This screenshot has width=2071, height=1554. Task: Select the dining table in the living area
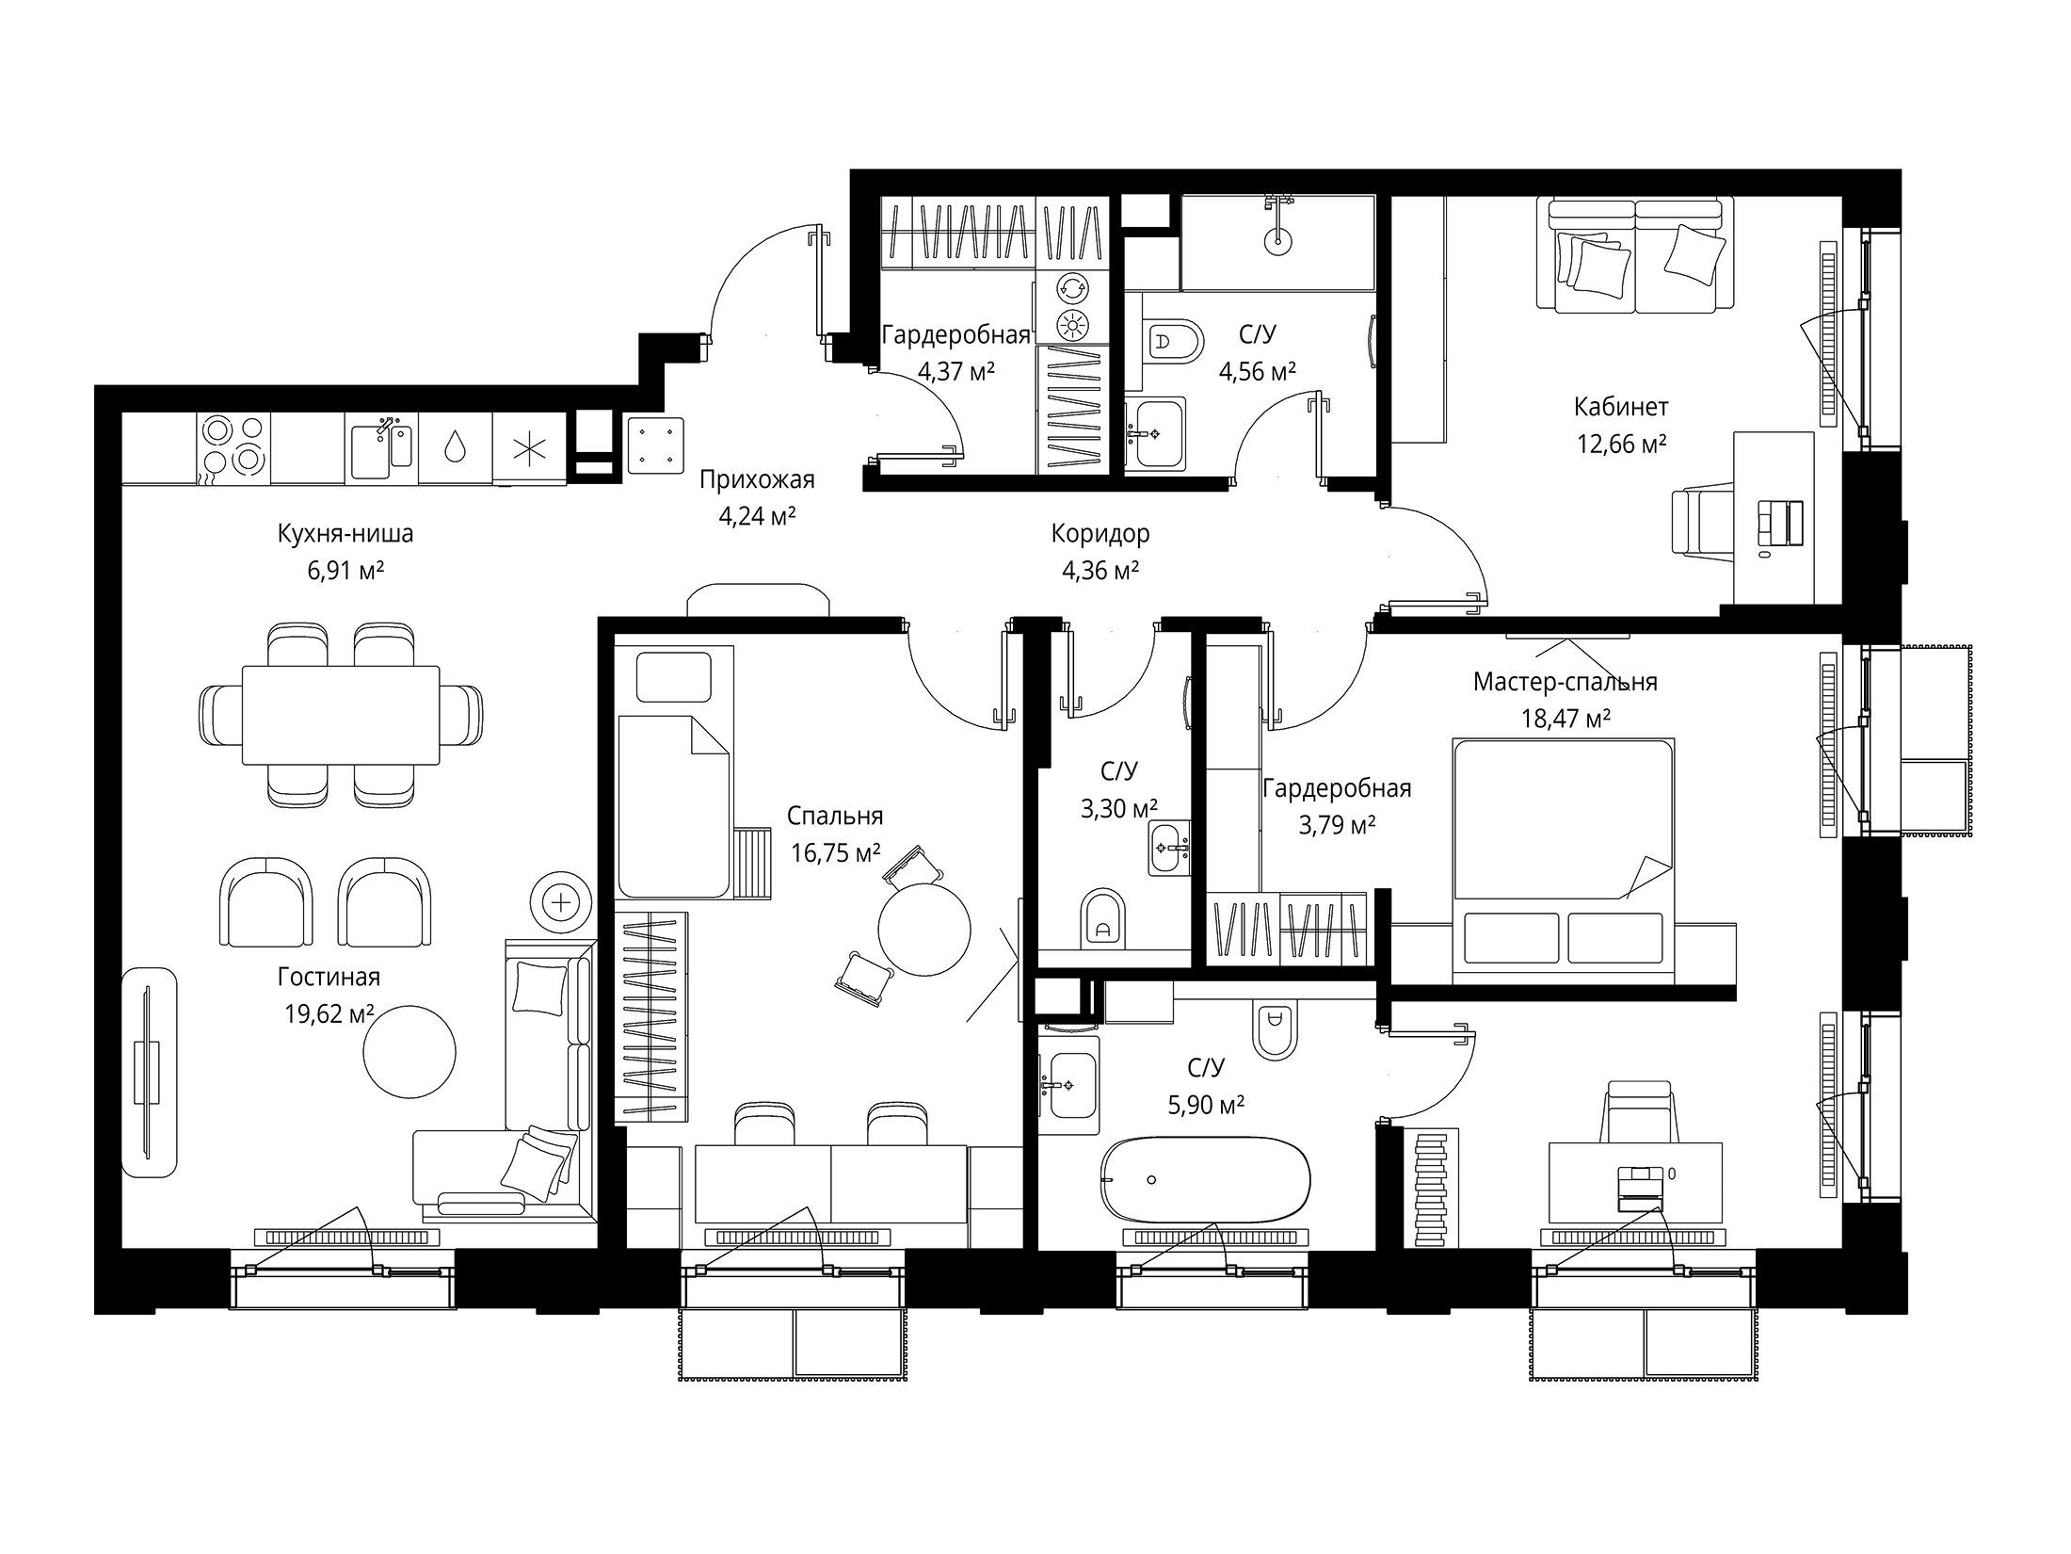pos(341,715)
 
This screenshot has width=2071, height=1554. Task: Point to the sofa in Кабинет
pos(1635,254)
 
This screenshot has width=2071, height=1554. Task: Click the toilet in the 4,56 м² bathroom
pos(1175,344)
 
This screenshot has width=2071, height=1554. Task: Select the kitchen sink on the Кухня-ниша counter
pos(381,447)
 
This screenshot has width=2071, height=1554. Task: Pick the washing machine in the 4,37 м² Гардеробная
pos(1071,287)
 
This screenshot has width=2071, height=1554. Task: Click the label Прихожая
pos(757,480)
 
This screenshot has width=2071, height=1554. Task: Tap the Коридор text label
pos(1100,534)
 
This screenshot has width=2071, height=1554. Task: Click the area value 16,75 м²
pos(836,853)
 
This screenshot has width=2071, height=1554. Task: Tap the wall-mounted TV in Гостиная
pos(149,1072)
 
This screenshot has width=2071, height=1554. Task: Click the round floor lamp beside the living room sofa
pos(562,902)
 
